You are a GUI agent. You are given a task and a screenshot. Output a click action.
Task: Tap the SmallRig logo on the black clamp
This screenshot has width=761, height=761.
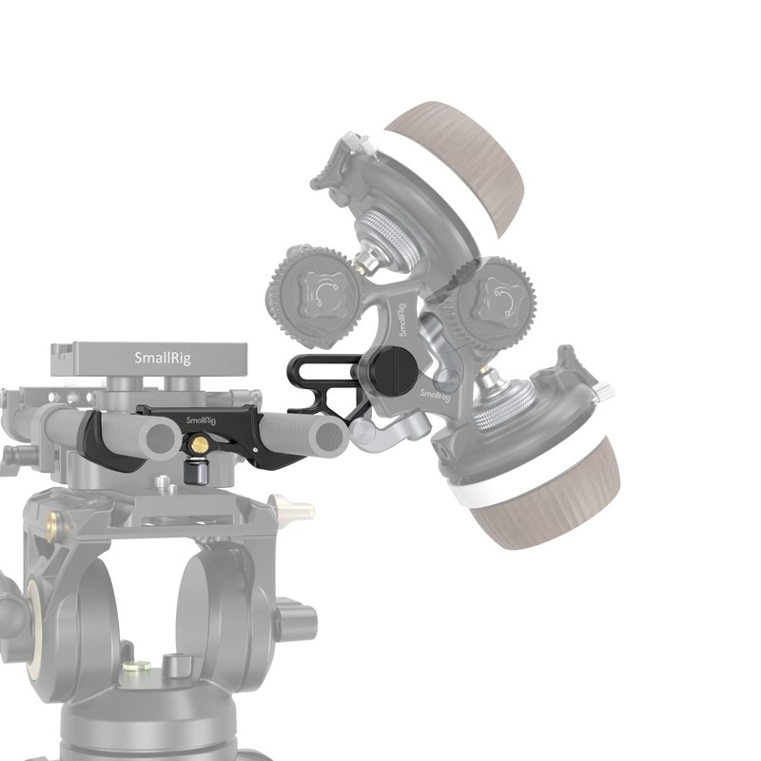[x=200, y=418]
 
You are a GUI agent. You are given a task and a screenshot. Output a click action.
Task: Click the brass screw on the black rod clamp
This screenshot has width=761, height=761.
[x=201, y=444]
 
